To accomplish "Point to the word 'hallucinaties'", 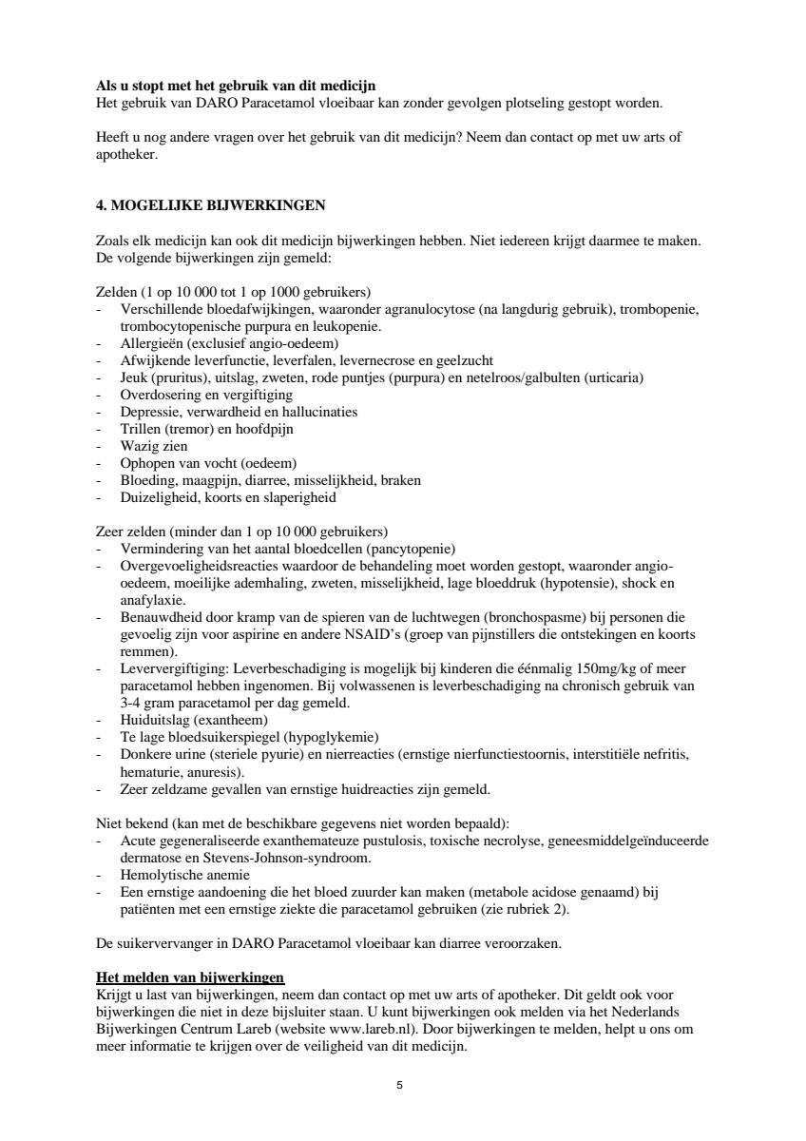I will click(x=317, y=412).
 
